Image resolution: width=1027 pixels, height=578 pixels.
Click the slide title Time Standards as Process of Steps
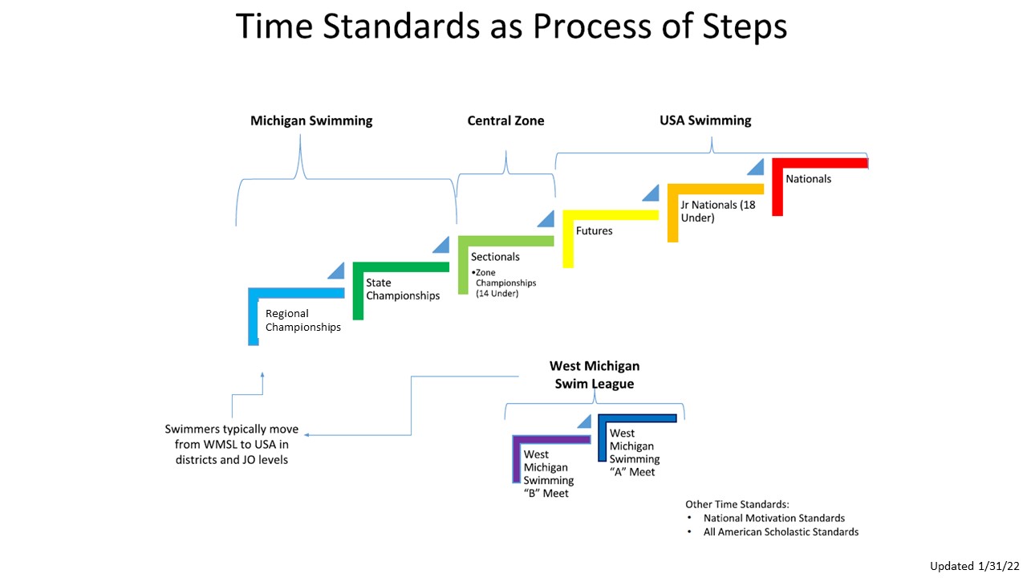[512, 27]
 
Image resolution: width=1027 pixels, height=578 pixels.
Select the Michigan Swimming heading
[311, 120]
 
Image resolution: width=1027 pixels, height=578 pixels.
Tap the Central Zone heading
[505, 120]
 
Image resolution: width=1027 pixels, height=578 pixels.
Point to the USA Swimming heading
[705, 120]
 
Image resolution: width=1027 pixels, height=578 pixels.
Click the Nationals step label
[808, 179]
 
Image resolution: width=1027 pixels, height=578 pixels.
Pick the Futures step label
[594, 231]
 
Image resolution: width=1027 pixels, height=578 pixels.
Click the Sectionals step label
[495, 257]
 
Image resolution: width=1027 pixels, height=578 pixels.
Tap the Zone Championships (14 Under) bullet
[504, 283]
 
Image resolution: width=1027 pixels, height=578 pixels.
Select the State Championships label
[403, 289]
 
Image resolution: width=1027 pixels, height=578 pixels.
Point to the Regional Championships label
[302, 320]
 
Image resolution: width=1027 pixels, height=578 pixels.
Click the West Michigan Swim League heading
[594, 375]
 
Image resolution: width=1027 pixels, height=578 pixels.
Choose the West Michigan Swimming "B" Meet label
[549, 474]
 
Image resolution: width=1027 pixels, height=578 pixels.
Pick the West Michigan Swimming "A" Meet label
[635, 453]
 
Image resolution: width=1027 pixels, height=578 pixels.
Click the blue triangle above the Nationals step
[756, 166]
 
